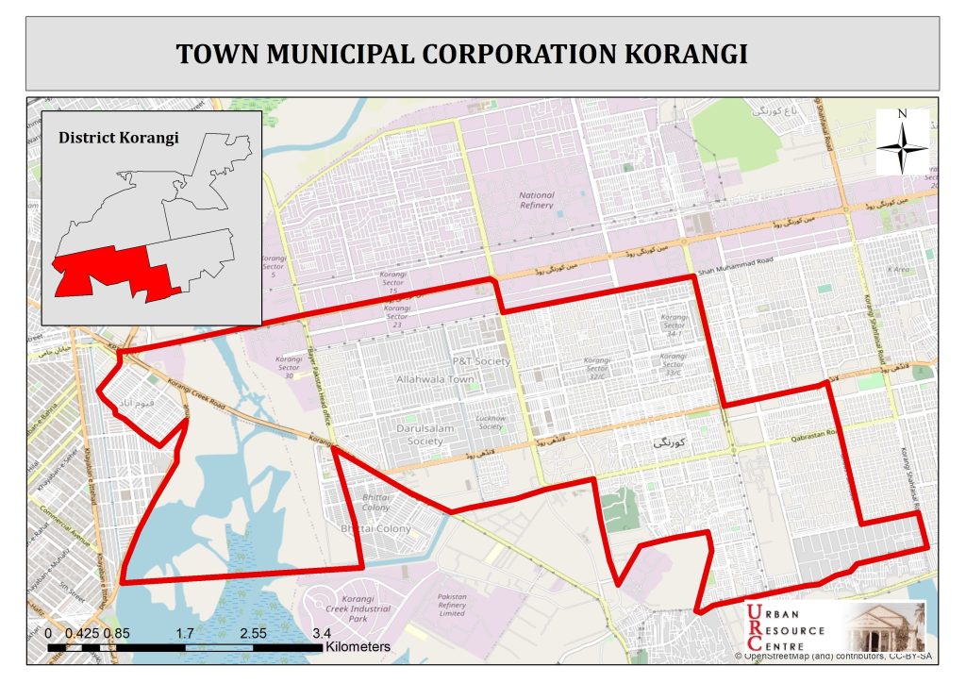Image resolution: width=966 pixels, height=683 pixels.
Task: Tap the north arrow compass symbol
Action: click(903, 142)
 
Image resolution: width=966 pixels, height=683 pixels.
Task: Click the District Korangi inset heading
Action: click(119, 138)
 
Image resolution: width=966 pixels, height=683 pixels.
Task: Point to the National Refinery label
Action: click(537, 200)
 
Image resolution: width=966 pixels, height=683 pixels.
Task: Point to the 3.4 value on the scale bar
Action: click(322, 633)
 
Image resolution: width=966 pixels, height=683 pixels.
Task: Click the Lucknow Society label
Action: click(491, 422)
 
